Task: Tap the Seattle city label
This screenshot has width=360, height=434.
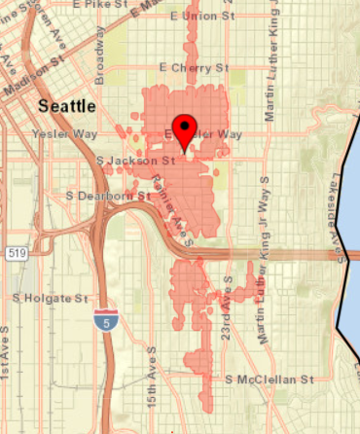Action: point(66,104)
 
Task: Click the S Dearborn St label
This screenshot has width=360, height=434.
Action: point(109,195)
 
